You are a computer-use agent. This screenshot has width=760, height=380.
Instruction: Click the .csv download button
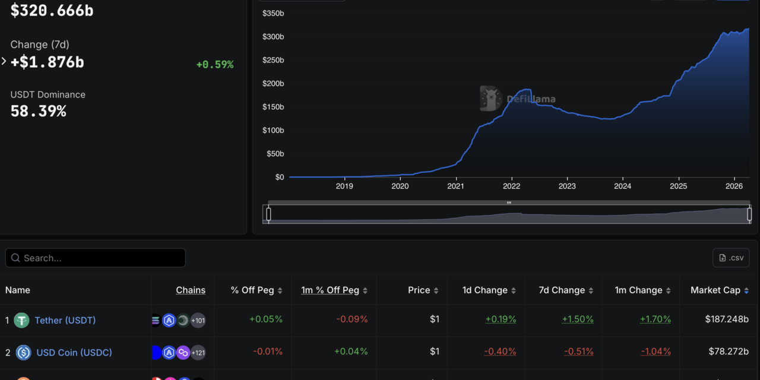click(731, 258)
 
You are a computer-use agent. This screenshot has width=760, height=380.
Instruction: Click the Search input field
click(95, 258)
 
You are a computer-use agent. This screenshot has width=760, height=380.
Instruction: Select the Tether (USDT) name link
click(65, 320)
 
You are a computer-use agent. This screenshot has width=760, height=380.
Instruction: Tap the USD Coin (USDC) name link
click(74, 352)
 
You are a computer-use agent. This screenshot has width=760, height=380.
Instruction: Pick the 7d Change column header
click(560, 290)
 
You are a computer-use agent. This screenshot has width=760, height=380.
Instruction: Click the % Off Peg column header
click(252, 290)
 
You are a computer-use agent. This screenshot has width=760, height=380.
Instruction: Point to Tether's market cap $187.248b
click(727, 319)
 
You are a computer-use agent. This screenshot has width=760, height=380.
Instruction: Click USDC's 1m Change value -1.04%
click(655, 351)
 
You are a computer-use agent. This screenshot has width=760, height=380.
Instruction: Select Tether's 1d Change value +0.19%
click(501, 319)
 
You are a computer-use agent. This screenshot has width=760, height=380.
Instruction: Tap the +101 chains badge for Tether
click(198, 321)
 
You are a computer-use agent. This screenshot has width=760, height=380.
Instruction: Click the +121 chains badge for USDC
click(198, 353)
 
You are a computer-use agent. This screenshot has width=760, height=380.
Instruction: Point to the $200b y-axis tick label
click(273, 84)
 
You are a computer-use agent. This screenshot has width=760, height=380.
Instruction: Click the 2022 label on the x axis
click(511, 186)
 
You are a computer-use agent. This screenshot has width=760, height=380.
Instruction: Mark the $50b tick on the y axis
click(275, 154)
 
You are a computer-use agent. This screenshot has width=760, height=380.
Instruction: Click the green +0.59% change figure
click(214, 65)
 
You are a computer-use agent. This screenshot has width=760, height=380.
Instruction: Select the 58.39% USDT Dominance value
click(38, 111)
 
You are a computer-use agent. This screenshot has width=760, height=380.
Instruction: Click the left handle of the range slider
click(268, 214)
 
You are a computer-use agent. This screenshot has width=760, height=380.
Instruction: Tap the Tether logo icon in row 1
click(21, 321)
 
